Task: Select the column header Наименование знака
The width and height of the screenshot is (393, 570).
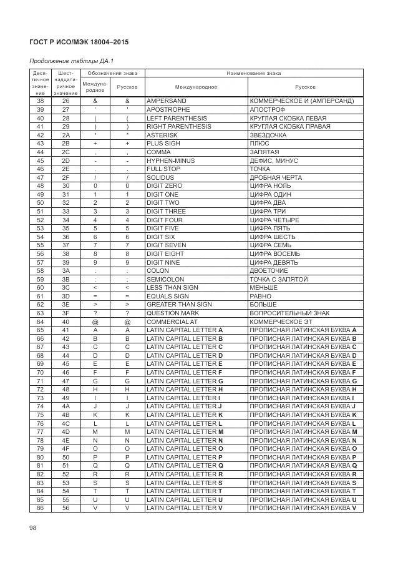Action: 253,73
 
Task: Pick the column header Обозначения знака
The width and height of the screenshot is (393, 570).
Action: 112,73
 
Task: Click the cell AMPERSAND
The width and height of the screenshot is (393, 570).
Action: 166,101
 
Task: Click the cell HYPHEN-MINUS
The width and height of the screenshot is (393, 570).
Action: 170,160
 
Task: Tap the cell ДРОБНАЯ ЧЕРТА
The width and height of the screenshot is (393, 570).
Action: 274,177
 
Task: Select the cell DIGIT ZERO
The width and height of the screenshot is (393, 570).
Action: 164,186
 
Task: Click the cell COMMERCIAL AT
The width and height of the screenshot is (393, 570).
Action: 172,322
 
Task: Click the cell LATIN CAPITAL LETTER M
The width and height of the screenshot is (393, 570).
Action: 184,432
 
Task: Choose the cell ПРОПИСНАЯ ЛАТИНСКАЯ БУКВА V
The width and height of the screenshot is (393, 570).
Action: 302,508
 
